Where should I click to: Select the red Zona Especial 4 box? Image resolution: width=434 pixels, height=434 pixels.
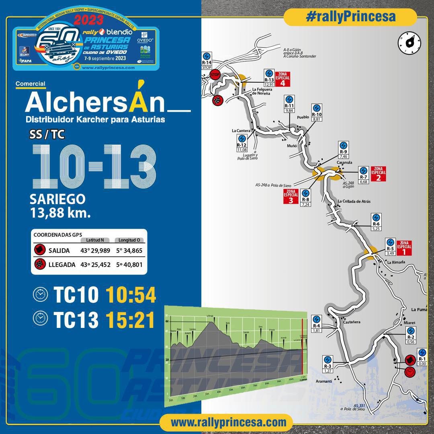(283, 79)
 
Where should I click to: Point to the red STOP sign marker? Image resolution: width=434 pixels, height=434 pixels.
(215, 74)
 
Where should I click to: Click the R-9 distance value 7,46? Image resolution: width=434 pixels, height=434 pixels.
(343, 157)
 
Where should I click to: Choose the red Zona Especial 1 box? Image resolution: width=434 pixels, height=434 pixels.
(404, 248)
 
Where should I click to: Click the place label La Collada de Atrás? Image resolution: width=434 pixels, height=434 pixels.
(354, 201)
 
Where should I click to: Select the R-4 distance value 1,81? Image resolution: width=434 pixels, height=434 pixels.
(316, 331)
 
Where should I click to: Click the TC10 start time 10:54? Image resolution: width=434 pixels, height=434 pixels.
(131, 296)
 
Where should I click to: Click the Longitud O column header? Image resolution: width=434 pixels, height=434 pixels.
(129, 240)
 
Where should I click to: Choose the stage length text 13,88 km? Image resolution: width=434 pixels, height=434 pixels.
(60, 213)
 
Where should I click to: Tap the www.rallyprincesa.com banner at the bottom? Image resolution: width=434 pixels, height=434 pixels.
(229, 422)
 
